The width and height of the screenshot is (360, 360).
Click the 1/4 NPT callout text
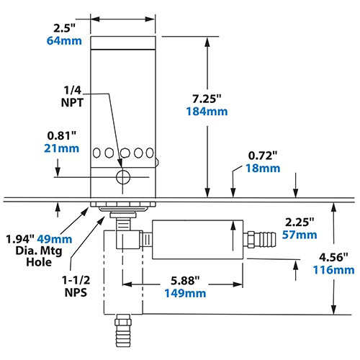coord(73,95)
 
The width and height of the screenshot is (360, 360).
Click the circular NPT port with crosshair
coord(123,176)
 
